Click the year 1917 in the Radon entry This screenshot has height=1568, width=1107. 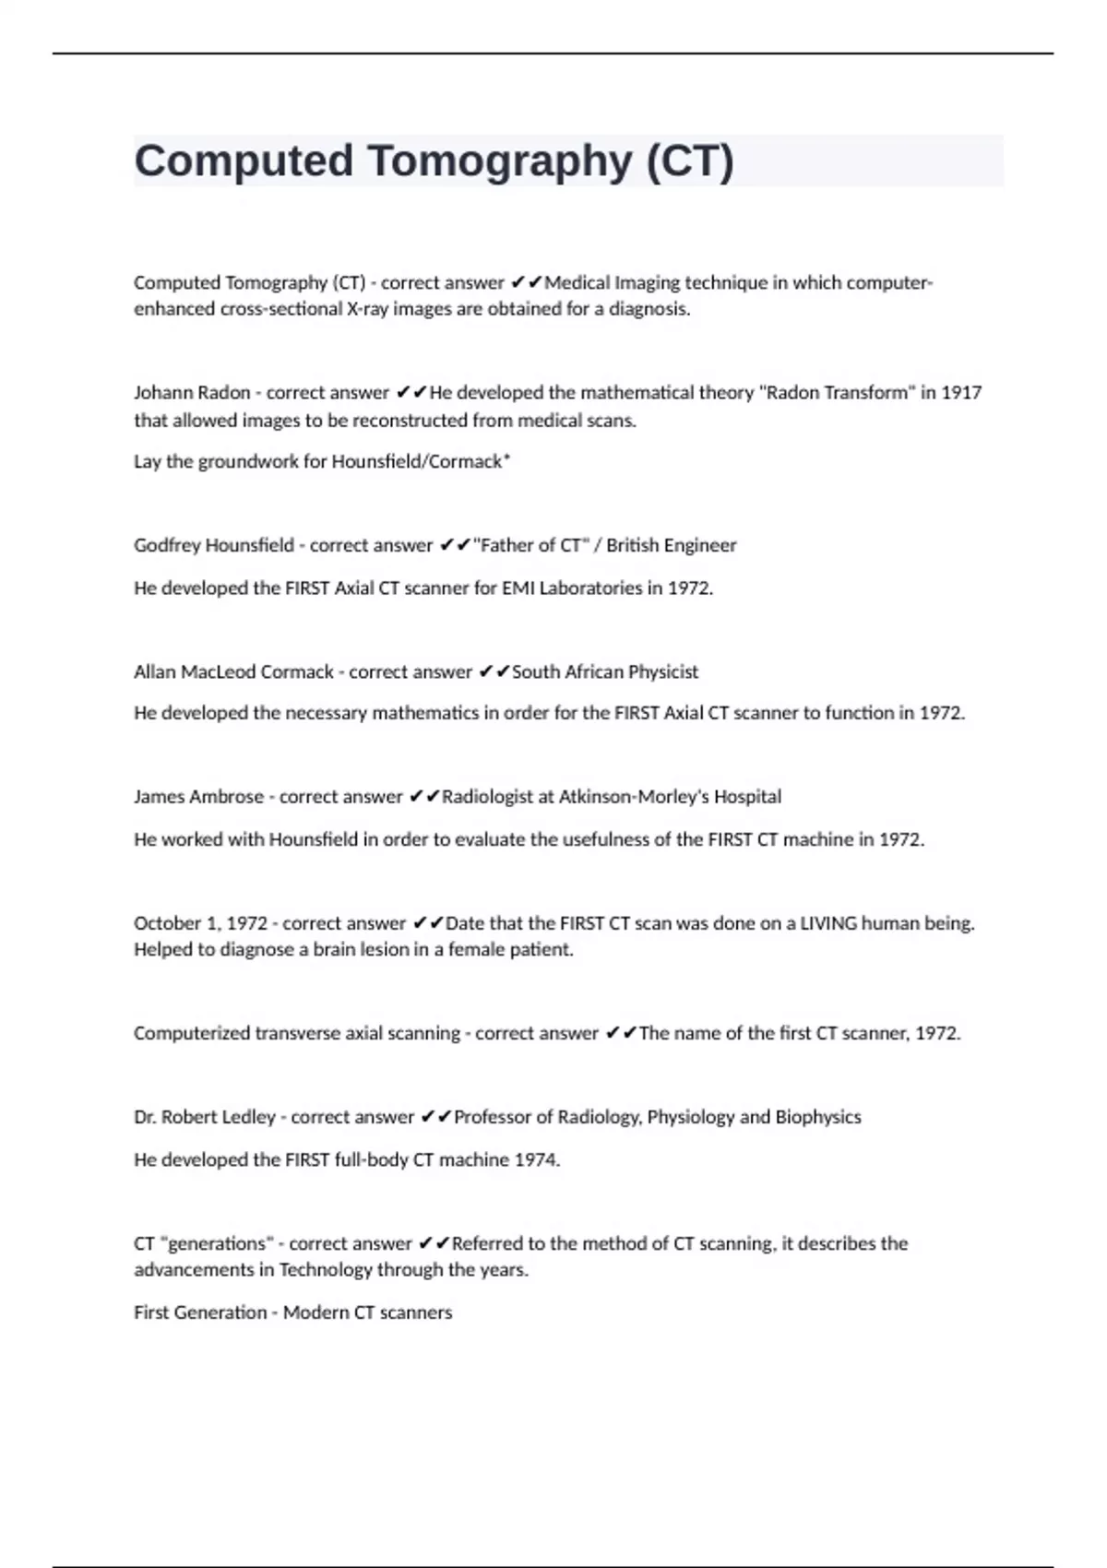click(x=960, y=393)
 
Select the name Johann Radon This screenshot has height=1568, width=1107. click(x=192, y=393)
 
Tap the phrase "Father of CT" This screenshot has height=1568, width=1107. click(x=530, y=545)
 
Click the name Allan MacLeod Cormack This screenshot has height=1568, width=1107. click(x=233, y=672)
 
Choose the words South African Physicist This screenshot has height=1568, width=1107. click(x=605, y=672)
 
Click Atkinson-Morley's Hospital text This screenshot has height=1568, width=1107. click(x=670, y=797)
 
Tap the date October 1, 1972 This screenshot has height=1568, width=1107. click(x=200, y=923)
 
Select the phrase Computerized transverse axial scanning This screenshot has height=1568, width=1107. click(x=296, y=1034)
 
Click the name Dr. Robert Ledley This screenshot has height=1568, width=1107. click(x=204, y=1118)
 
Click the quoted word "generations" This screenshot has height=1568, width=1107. click(x=216, y=1244)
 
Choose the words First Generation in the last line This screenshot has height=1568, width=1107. click(x=199, y=1313)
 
